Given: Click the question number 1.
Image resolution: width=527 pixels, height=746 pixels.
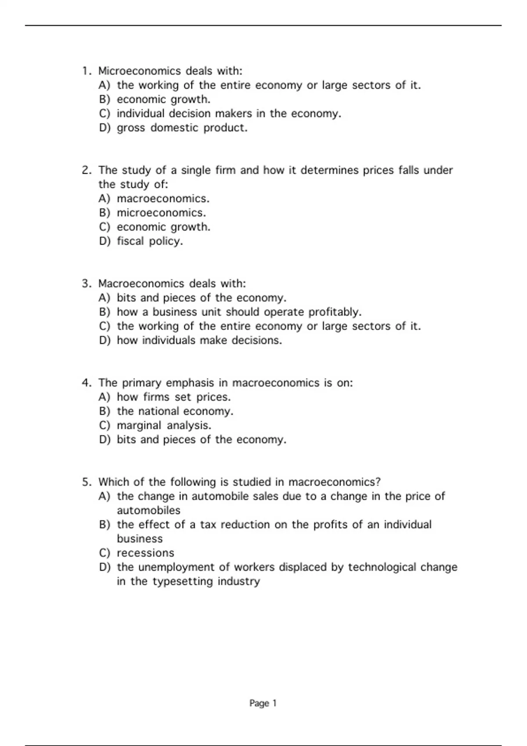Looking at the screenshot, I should click(x=86, y=71).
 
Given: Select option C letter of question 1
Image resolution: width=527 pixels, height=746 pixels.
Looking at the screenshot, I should click(x=104, y=114).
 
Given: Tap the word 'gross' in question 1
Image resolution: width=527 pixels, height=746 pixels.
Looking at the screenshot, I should click(x=130, y=128).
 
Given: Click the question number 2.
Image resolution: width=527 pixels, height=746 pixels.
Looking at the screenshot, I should click(x=86, y=170).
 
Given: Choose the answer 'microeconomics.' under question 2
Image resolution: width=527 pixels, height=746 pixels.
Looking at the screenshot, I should click(x=161, y=213).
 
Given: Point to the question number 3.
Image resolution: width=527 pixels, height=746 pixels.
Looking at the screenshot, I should click(x=86, y=284).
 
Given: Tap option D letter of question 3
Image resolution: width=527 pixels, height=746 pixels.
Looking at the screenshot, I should click(x=104, y=341).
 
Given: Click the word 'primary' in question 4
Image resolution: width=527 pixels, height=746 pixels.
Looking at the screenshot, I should click(x=141, y=383).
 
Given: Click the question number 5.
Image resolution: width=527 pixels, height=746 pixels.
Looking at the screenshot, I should click(x=86, y=482).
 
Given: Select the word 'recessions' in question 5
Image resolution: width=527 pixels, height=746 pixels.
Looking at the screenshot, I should click(x=145, y=553).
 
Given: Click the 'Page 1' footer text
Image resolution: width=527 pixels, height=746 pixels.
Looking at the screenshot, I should click(x=263, y=703).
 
